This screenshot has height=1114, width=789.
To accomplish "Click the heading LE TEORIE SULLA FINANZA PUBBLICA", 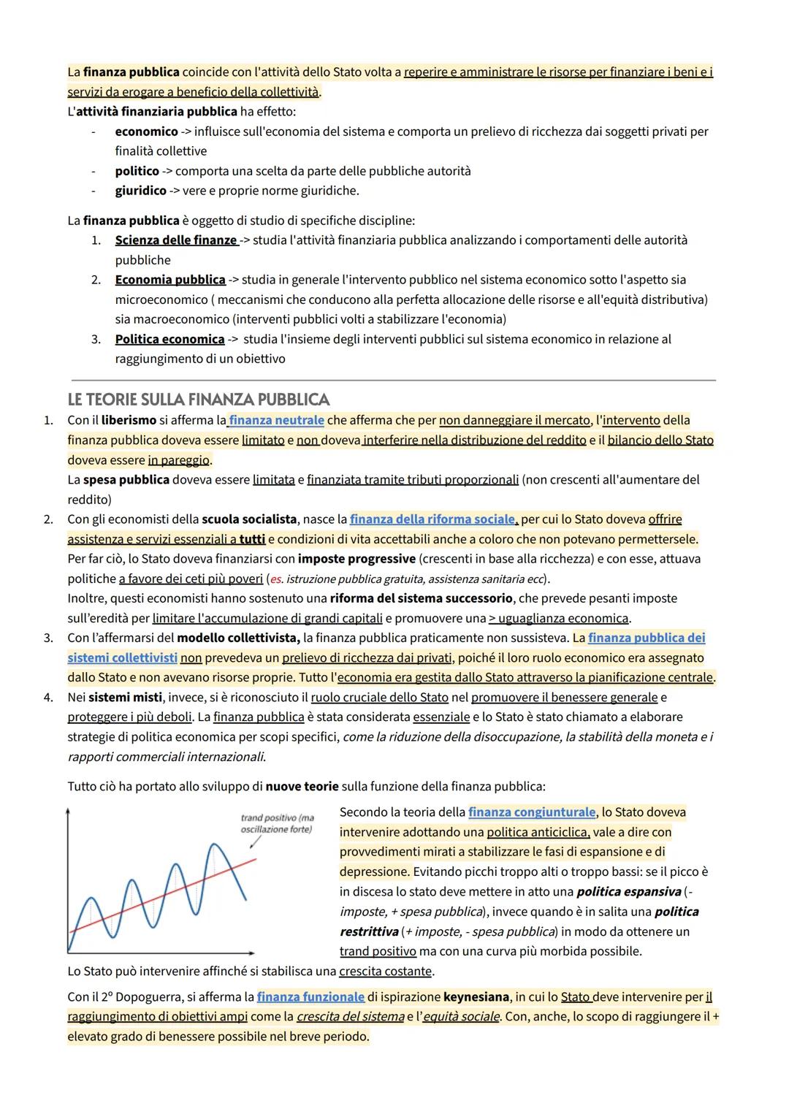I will click(198, 400).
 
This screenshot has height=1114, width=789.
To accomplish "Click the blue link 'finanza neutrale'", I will click(276, 420).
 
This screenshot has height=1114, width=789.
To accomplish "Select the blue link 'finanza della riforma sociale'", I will click(432, 519).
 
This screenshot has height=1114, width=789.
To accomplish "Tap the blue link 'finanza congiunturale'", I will click(532, 812).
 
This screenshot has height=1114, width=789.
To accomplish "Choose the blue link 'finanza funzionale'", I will click(310, 996).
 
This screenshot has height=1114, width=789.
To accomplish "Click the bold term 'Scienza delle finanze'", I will click(175, 240).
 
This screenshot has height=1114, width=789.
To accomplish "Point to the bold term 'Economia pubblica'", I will click(169, 280).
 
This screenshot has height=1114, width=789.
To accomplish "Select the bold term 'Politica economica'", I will click(169, 339).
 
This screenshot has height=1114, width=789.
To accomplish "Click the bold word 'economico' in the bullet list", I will click(146, 131).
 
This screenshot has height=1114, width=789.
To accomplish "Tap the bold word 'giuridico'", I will click(140, 191).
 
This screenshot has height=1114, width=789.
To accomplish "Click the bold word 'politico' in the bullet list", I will click(137, 171).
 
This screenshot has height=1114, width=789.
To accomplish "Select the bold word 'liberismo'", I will click(129, 420).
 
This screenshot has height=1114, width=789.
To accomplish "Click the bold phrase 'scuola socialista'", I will click(249, 519).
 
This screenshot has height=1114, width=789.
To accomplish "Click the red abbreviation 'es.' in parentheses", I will click(276, 579).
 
